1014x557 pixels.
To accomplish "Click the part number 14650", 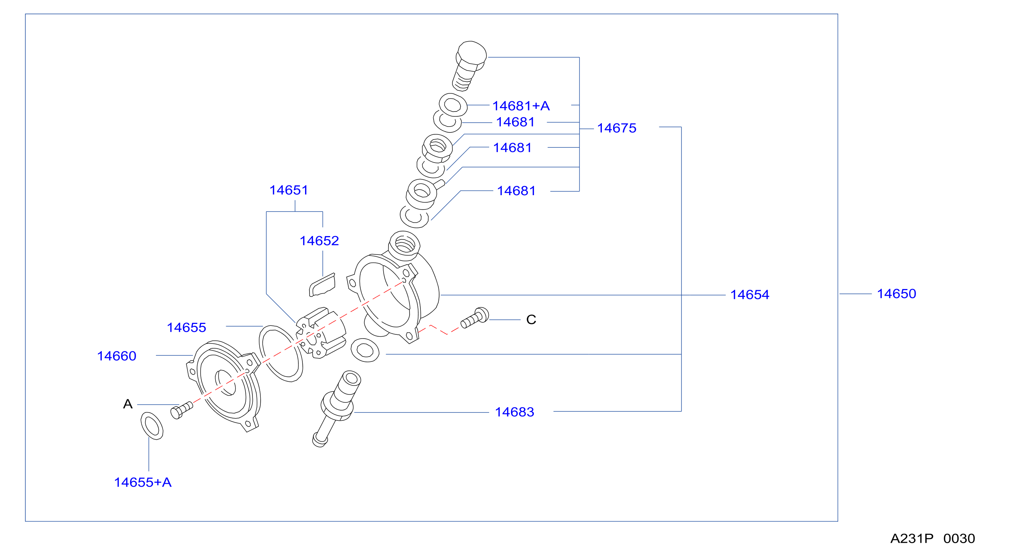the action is click(896, 294).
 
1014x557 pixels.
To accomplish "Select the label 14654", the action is click(750, 295).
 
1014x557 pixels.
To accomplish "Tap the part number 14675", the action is click(617, 128).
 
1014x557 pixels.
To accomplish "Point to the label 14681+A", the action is click(521, 106).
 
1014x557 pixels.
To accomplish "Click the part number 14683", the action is click(514, 412).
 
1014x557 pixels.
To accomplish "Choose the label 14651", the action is click(289, 190).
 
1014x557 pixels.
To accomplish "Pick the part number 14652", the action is click(319, 241).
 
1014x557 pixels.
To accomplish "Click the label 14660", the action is click(116, 356).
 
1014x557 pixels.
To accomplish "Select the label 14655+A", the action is click(142, 482).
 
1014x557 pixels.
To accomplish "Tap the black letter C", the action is click(531, 319).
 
